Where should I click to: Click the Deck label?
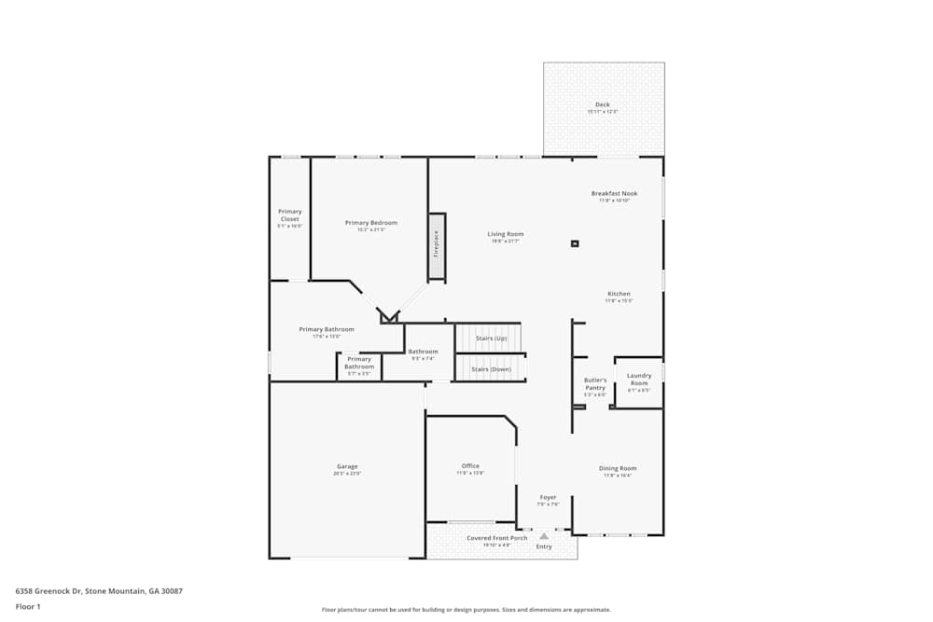click(602, 104)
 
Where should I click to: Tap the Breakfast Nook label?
click(614, 194)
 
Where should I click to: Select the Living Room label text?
click(505, 234)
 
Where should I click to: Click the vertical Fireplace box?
click(436, 245)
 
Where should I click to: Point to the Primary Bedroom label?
click(370, 223)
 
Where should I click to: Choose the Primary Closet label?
click(290, 215)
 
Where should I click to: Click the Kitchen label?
click(619, 294)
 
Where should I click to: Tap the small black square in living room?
click(575, 244)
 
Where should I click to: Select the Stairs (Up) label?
click(491, 338)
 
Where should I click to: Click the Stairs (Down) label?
click(491, 369)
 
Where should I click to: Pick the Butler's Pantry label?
click(595, 383)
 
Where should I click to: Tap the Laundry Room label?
click(639, 380)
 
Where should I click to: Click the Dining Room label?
click(618, 468)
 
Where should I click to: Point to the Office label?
click(470, 466)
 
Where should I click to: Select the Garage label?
click(347, 466)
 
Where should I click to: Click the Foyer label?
click(548, 497)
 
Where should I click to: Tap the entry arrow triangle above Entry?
click(544, 536)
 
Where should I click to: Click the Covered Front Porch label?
click(496, 538)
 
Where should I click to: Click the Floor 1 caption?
click(28, 606)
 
